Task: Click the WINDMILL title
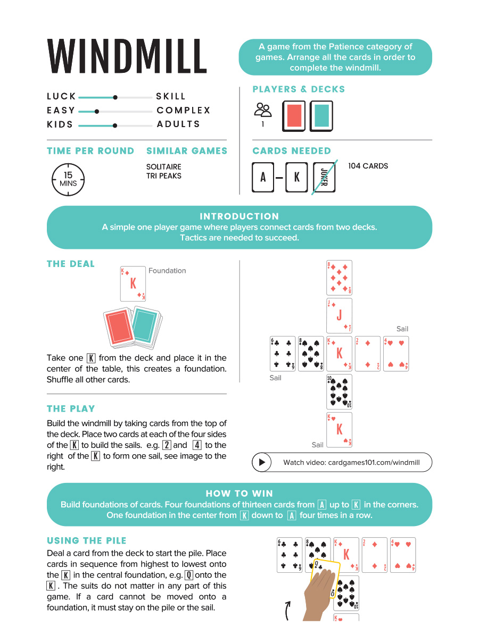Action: [127, 57]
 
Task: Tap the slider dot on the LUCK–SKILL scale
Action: [115, 97]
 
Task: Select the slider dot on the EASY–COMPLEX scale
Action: [96, 111]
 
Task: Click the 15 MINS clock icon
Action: [68, 179]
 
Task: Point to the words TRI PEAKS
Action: [163, 176]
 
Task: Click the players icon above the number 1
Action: [263, 110]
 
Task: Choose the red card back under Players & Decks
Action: [294, 115]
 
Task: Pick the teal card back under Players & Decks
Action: [321, 115]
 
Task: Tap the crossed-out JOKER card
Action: [324, 177]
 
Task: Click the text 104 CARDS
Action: [368, 166]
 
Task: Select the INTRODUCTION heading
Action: [239, 216]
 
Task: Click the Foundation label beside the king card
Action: [167, 271]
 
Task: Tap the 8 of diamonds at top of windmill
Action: [339, 278]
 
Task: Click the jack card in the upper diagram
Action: [339, 315]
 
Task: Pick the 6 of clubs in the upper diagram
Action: [283, 354]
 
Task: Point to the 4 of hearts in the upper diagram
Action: [395, 354]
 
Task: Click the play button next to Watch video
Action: [262, 463]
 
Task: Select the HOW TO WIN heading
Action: [239, 493]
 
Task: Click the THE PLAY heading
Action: [71, 409]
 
